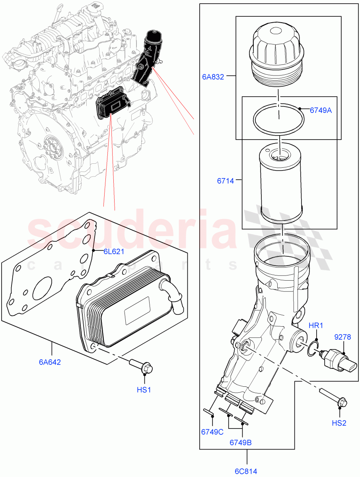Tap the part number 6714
[225, 181]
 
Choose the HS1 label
[144, 390]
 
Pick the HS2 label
[339, 423]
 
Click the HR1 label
[316, 326]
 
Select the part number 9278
[342, 337]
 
